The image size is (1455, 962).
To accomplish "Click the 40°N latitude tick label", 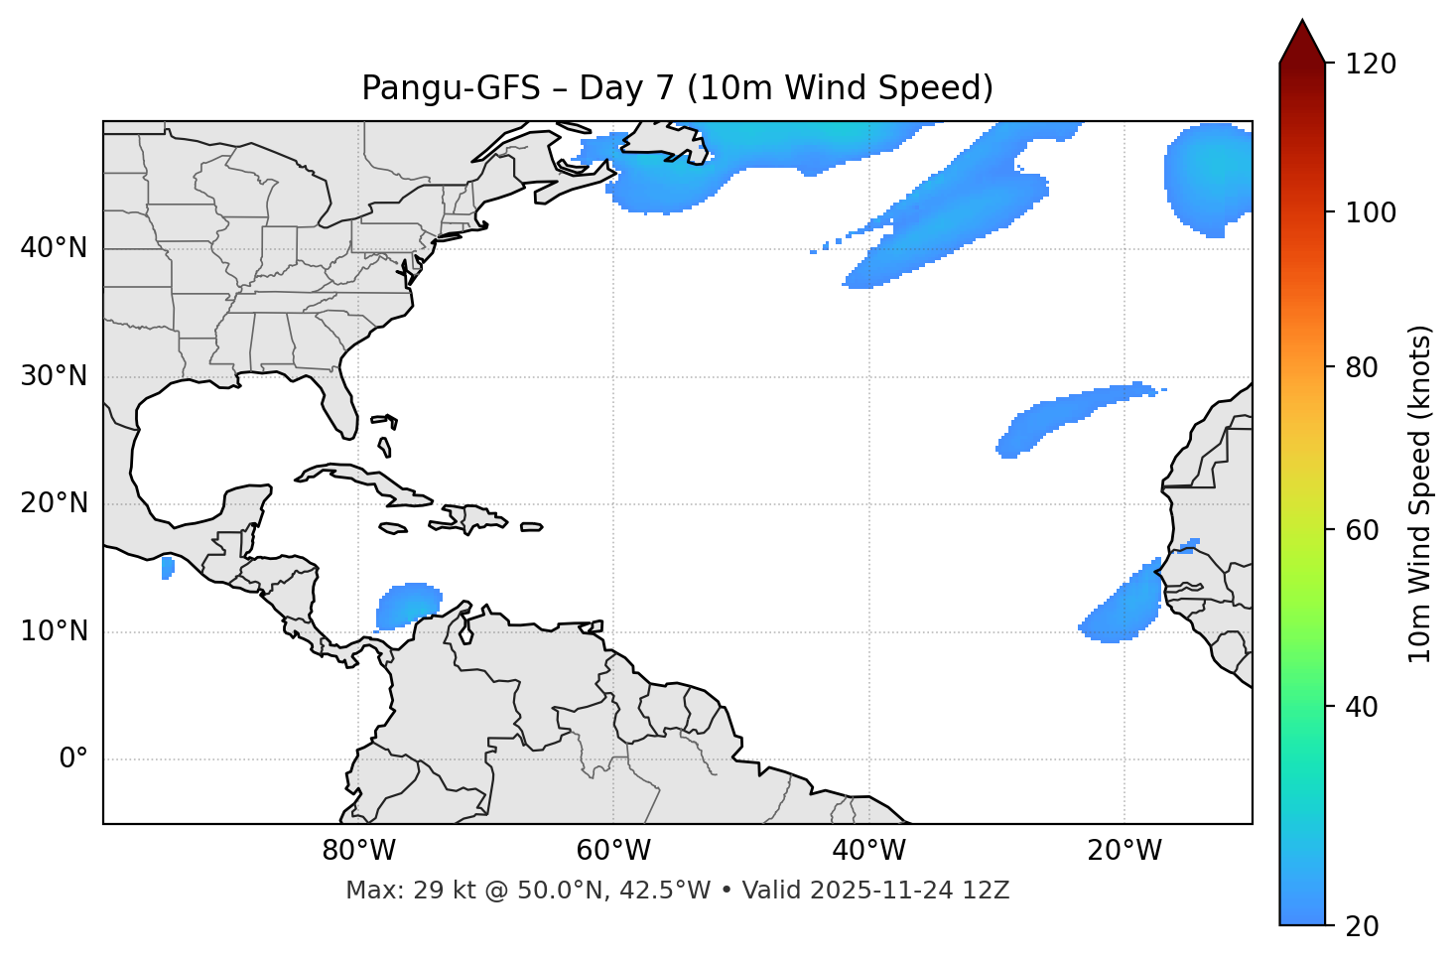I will tap(54, 248).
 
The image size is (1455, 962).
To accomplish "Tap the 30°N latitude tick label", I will tap(54, 376).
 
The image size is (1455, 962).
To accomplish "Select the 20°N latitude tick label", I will tap(54, 503).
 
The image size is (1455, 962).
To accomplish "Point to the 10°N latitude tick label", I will tap(54, 631).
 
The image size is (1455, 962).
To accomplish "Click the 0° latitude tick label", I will tap(73, 759).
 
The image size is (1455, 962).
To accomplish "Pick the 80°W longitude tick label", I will tap(358, 851).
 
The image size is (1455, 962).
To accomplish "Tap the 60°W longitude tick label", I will tap(613, 851).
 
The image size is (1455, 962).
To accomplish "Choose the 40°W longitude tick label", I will tap(868, 851).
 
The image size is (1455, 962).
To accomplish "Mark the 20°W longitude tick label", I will tap(1124, 851).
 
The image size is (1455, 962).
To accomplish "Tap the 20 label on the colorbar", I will tap(1362, 926).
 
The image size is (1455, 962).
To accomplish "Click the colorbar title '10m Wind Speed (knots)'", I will tap(1420, 493).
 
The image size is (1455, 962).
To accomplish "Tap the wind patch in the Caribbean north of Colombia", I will tap(408, 605).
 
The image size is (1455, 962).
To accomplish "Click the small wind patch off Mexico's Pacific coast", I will tap(168, 568).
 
